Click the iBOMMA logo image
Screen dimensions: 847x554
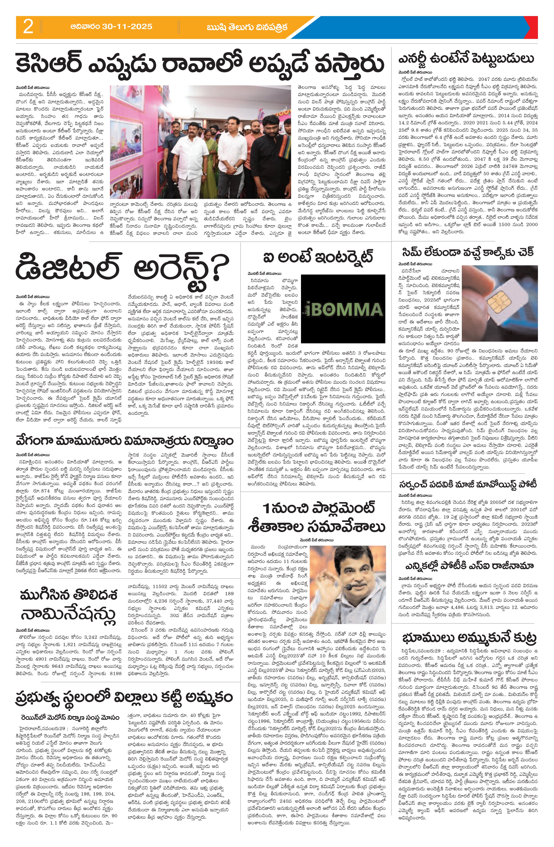(x=343, y=308)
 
